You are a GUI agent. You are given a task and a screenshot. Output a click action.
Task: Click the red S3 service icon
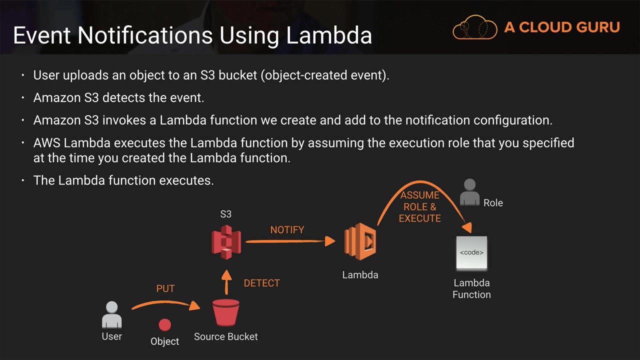(x=226, y=241)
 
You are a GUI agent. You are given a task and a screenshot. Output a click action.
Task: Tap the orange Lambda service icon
(x=360, y=242)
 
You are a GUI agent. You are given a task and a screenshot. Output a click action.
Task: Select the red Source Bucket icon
(x=226, y=312)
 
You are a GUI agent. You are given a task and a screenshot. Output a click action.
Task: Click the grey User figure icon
(x=112, y=314)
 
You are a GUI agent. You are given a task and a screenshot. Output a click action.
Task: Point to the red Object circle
(x=164, y=325)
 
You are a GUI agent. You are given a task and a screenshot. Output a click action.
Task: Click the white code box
(x=471, y=252)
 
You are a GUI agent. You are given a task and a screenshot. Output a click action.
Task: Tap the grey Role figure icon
(x=469, y=192)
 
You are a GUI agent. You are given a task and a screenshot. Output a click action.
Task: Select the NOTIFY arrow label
(x=287, y=230)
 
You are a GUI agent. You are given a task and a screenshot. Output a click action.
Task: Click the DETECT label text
(x=261, y=283)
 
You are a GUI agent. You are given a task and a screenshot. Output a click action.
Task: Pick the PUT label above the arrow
(x=165, y=289)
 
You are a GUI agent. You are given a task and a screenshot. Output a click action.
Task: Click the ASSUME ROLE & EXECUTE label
(x=420, y=206)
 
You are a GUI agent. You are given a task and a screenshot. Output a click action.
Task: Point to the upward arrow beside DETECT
(x=226, y=282)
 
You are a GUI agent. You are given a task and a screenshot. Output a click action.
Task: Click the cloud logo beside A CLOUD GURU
(x=474, y=27)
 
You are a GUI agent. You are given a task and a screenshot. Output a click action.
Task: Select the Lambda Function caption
(x=471, y=288)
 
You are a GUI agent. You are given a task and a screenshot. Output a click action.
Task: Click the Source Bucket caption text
(x=226, y=336)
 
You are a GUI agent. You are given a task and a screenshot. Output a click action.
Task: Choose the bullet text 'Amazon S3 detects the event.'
(x=118, y=97)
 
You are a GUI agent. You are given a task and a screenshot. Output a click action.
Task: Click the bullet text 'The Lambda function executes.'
(x=123, y=180)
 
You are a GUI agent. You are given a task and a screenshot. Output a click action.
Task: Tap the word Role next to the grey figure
(x=493, y=203)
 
